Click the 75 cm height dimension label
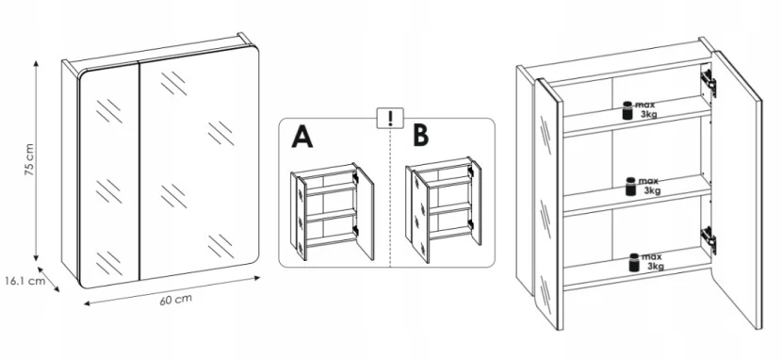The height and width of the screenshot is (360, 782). click(29, 159)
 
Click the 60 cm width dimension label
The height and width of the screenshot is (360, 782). click(175, 300)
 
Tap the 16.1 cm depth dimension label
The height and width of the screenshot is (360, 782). click(24, 281)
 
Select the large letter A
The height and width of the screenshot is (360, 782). click(302, 137)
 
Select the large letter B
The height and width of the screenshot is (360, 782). click(421, 136)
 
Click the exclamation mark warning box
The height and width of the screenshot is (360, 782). click(390, 118)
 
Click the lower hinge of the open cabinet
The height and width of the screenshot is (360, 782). click(709, 239)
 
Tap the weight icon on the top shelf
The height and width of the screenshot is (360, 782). click(627, 110)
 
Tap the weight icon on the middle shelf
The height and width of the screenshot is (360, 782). click(631, 187)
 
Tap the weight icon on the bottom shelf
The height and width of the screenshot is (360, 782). click(634, 262)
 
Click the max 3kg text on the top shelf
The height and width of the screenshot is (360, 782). click(646, 110)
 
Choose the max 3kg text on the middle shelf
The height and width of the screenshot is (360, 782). click(649, 186)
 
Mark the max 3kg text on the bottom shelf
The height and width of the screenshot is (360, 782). click(652, 262)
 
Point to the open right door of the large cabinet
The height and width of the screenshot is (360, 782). click(737, 189)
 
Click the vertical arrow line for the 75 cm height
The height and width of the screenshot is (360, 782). click(36, 160)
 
